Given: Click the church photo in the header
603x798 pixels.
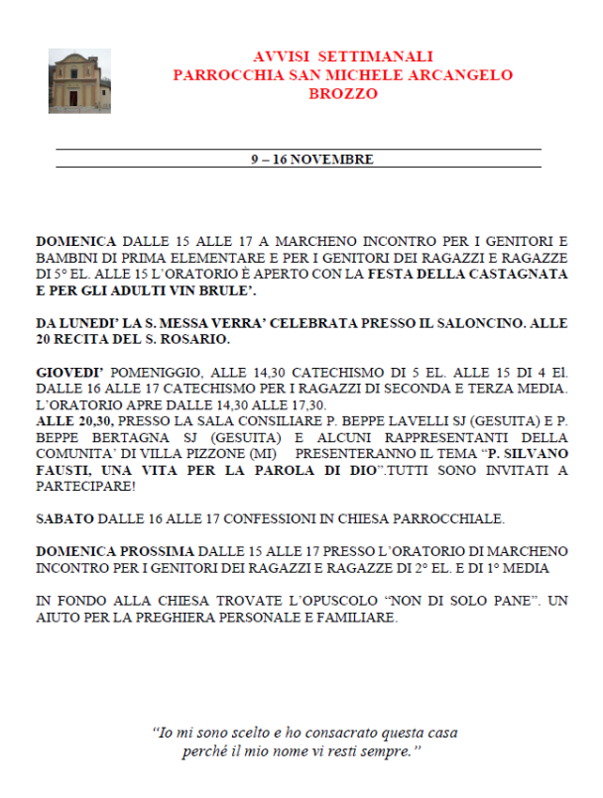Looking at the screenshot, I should coord(79,80).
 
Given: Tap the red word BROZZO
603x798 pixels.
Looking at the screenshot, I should coord(342,94).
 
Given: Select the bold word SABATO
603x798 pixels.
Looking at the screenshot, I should coord(64,517).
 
